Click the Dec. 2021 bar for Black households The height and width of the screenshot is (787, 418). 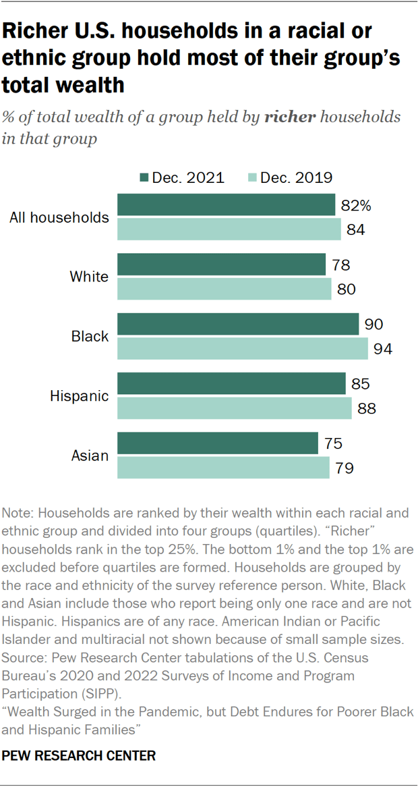(x=238, y=324)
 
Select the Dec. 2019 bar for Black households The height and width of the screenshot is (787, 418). (x=243, y=349)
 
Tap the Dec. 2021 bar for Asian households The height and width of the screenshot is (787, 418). (x=218, y=443)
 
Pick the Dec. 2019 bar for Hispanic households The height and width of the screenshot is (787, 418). (x=235, y=408)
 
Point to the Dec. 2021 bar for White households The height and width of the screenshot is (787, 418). (x=222, y=265)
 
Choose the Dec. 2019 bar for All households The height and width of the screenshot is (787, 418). (x=229, y=229)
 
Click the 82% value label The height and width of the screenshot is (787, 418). (x=356, y=205)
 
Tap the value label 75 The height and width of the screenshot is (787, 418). (x=333, y=443)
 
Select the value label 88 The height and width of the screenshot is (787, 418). (x=366, y=408)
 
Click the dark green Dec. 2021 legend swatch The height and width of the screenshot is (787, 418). (x=143, y=178)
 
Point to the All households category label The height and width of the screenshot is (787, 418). (x=59, y=217)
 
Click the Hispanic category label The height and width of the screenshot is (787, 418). (x=79, y=396)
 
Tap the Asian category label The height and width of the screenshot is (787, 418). (x=90, y=455)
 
